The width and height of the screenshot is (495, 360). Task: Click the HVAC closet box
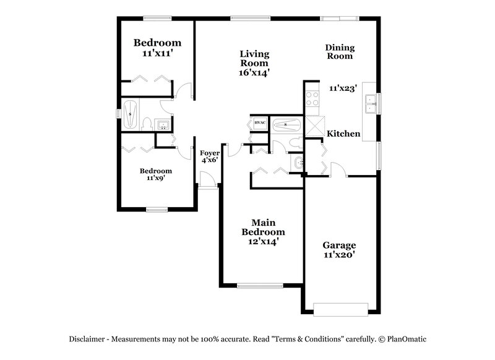point(260,124)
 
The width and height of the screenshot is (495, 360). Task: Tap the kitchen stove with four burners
point(311,100)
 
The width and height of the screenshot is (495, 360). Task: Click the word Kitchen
point(343,134)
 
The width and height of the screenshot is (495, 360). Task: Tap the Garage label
point(339,245)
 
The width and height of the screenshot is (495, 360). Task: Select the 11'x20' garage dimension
point(339,254)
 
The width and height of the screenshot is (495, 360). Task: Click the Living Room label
point(254,59)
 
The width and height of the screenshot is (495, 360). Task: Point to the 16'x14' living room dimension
point(254,72)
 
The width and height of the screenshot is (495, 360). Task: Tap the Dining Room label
point(340,51)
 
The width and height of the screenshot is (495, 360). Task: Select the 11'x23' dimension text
point(344,88)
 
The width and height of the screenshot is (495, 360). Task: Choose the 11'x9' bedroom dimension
point(155,178)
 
